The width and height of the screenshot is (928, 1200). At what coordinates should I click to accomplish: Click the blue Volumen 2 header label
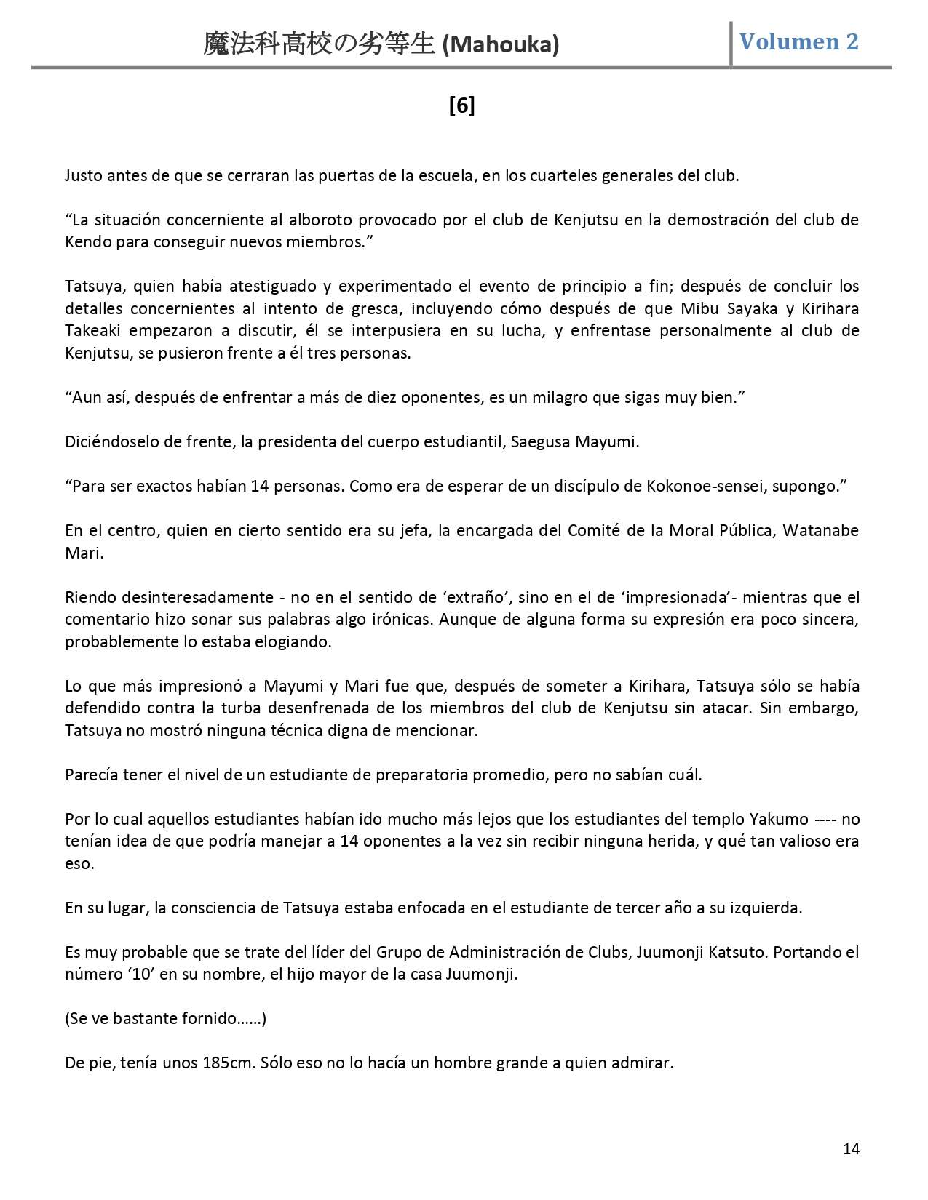coord(798,41)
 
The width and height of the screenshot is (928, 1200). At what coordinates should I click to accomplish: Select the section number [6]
coord(462,106)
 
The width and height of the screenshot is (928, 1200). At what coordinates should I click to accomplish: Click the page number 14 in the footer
coord(851,1148)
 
